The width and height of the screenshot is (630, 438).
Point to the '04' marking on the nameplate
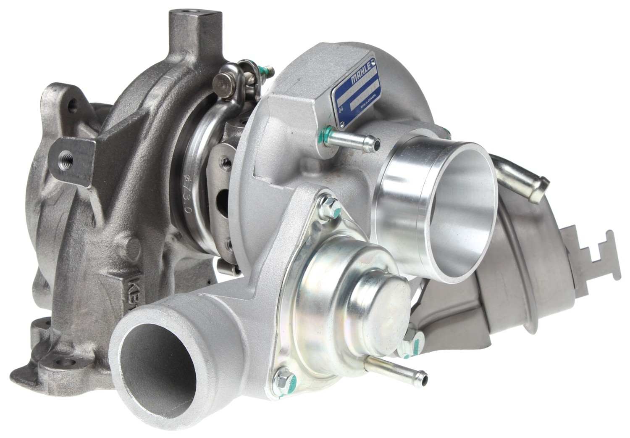(x=341, y=110)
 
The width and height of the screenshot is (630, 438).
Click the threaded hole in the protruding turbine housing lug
(x=66, y=159)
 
